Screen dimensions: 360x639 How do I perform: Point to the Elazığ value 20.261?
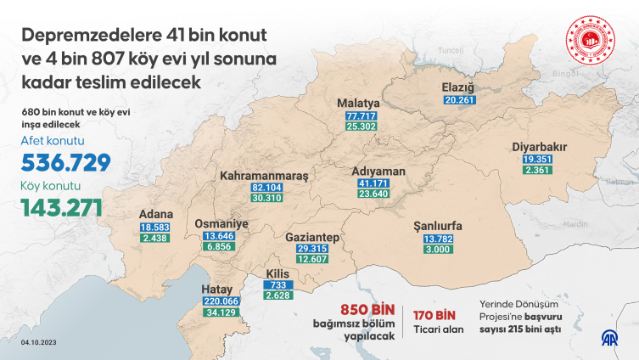click(462, 99)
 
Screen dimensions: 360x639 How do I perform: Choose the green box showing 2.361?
click(540, 171)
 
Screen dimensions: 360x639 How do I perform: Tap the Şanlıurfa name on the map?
click(437, 226)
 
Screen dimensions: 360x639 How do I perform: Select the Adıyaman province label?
click(378, 171)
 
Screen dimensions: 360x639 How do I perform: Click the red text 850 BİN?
click(369, 311)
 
